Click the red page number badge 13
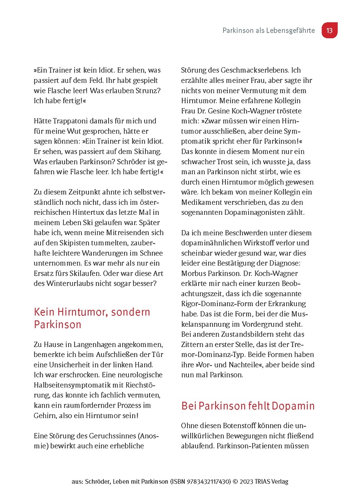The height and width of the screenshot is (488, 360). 329,30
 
